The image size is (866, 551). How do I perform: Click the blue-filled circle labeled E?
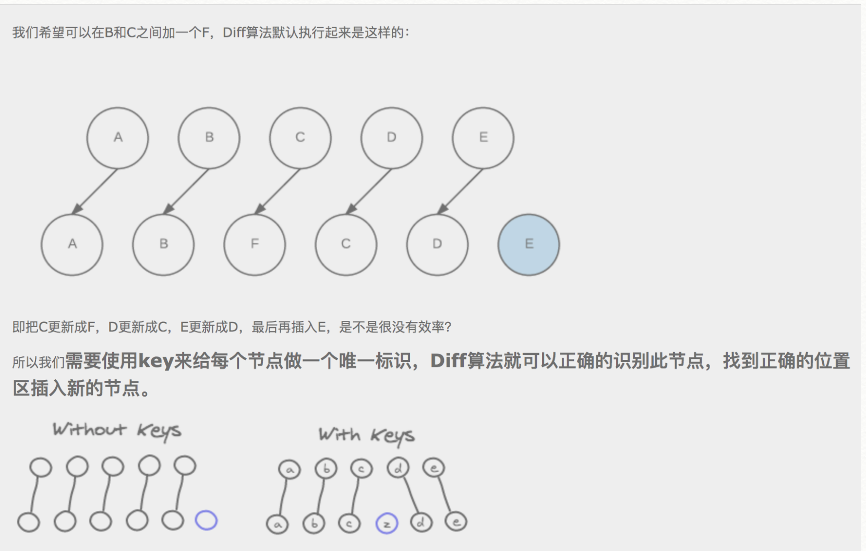[528, 245]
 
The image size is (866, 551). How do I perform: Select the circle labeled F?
[255, 245]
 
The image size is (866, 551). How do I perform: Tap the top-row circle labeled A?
[118, 138]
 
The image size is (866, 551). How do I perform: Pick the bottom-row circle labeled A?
[72, 245]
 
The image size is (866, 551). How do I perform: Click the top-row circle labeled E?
[483, 138]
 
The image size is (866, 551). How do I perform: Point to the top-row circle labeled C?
[300, 138]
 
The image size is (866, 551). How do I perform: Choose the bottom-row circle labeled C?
[346, 245]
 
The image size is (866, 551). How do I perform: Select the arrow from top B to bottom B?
[187, 191]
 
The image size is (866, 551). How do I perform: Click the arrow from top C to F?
[278, 191]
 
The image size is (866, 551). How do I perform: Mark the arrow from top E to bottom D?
[461, 191]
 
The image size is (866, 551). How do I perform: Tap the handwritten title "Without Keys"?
[117, 430]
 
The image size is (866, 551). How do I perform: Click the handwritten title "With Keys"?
[366, 435]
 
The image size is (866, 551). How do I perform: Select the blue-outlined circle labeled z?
[387, 523]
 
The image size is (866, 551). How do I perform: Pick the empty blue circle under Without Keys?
[206, 520]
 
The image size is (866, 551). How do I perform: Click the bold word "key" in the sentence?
[155, 361]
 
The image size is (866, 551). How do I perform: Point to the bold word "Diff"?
[448, 361]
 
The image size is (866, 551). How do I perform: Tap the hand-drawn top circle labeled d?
[398, 468]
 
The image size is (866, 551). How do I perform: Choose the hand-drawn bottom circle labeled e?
[456, 522]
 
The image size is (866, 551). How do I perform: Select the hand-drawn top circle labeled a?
[290, 470]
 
